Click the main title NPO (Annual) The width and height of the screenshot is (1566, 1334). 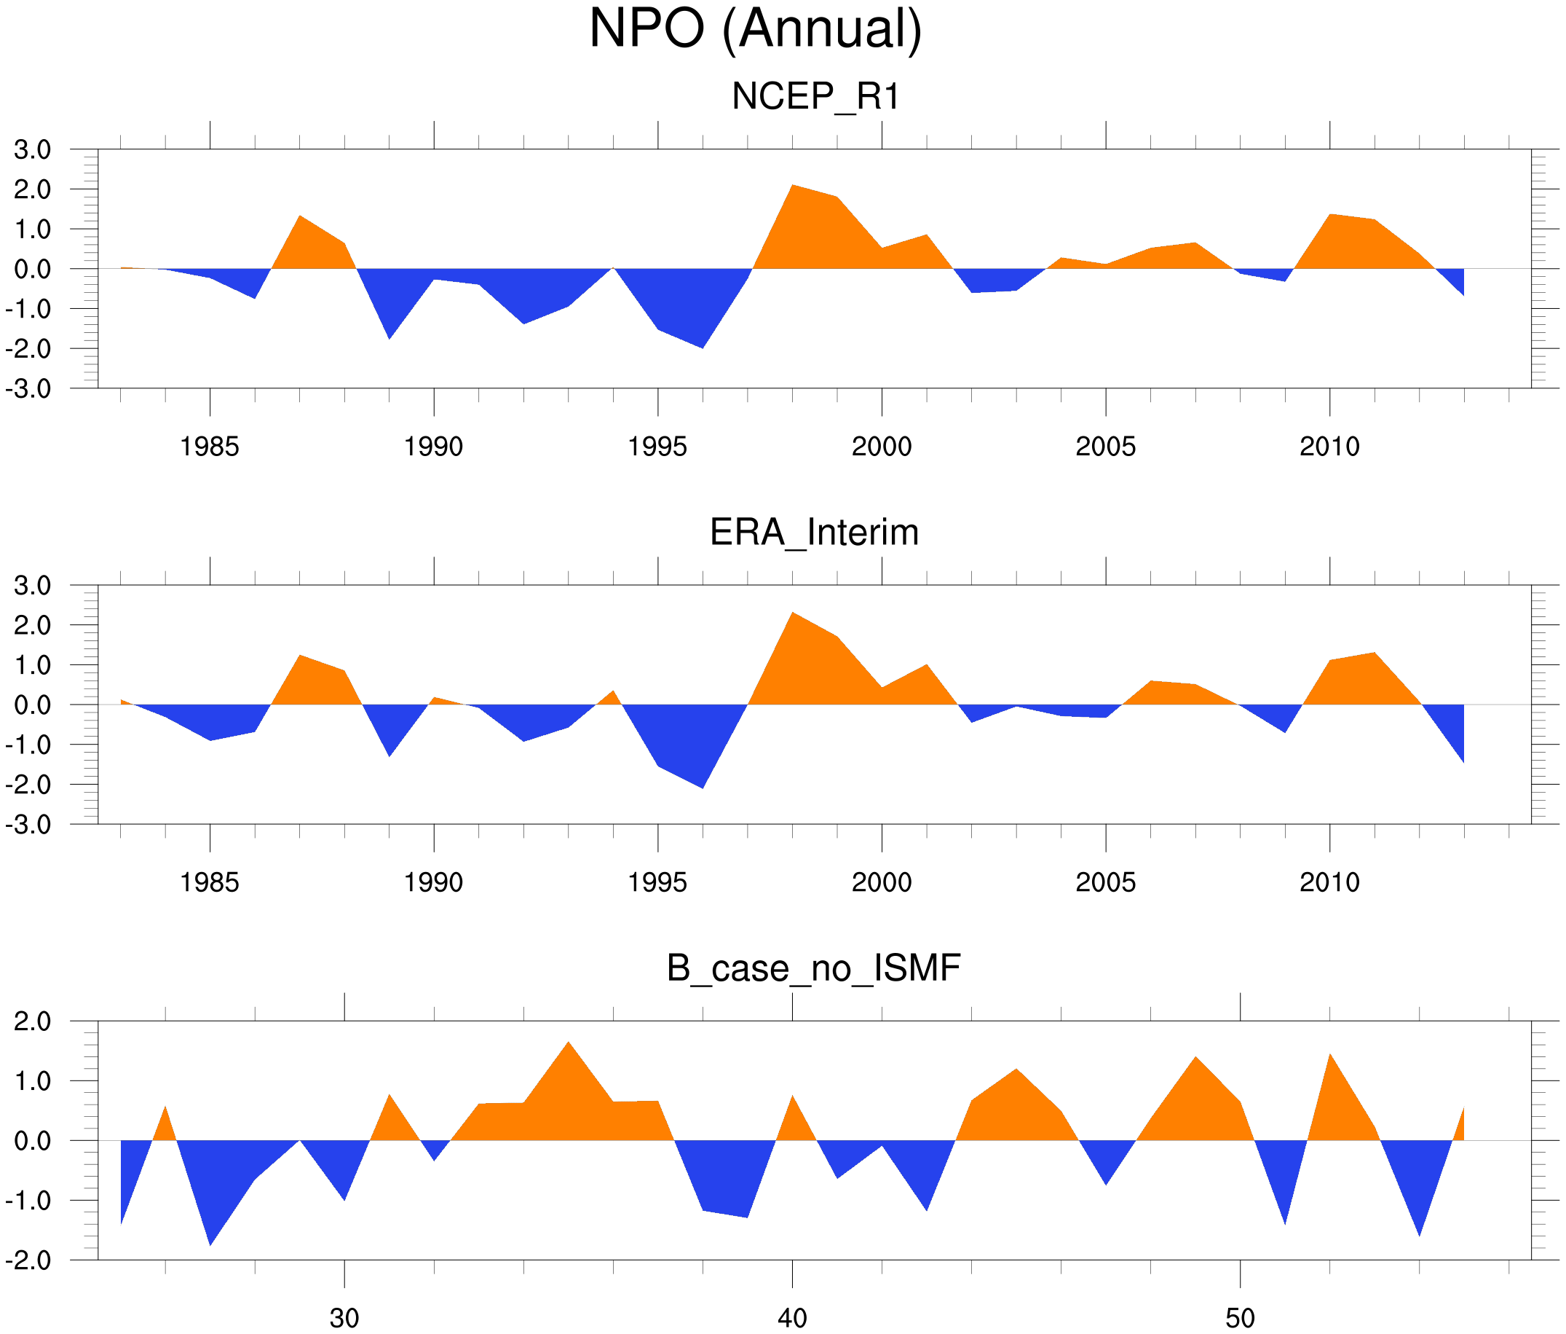pyautogui.click(x=755, y=28)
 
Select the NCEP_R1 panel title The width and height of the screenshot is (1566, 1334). pyautogui.click(x=815, y=96)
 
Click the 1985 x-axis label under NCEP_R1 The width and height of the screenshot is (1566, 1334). pyautogui.click(x=210, y=446)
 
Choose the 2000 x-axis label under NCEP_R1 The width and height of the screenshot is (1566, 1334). pyautogui.click(x=881, y=446)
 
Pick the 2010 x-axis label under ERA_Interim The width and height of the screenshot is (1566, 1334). pyautogui.click(x=1329, y=882)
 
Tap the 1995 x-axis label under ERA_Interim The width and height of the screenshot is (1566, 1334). pyautogui.click(x=657, y=882)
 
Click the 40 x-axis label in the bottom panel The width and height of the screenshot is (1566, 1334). pyautogui.click(x=792, y=1318)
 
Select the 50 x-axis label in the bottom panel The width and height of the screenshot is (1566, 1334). pyautogui.click(x=1241, y=1318)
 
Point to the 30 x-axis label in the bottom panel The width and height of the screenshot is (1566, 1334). pyautogui.click(x=344, y=1318)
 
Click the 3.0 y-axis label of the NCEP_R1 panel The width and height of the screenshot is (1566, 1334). pyautogui.click(x=33, y=150)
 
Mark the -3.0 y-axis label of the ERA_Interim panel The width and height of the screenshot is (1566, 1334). pyautogui.click(x=28, y=824)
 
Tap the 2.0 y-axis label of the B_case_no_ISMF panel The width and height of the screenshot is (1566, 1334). pyautogui.click(x=33, y=1021)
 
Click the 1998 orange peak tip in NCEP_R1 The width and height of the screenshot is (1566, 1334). pyautogui.click(x=792, y=185)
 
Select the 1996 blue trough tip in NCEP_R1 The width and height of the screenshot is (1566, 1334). pyautogui.click(x=703, y=348)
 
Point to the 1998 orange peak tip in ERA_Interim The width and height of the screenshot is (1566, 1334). pyautogui.click(x=792, y=613)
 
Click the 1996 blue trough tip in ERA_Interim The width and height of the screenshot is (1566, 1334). pyautogui.click(x=703, y=788)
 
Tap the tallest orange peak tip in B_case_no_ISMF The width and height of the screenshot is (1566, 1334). pyautogui.click(x=569, y=1042)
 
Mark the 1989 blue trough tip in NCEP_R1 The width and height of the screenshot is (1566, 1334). pyautogui.click(x=389, y=339)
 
